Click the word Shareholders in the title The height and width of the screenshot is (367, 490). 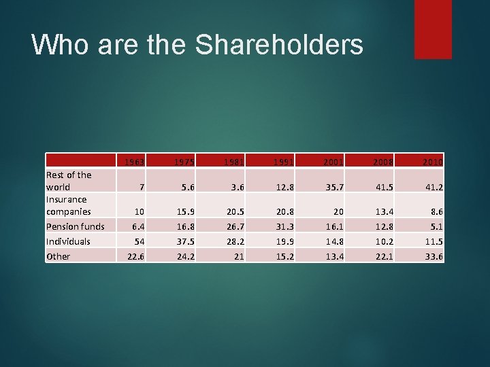coord(279,44)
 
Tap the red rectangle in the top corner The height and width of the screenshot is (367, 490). coord(433,29)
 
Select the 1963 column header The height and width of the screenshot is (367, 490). coord(133,162)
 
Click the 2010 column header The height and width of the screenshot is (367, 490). coord(431,162)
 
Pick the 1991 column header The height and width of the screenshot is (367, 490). coord(282,162)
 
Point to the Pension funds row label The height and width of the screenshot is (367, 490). coord(75,226)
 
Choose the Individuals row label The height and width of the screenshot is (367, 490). coord(68,241)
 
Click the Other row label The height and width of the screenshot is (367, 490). coord(58,256)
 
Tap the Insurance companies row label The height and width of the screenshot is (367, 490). coord(68,205)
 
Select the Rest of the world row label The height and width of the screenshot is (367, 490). coord(68,180)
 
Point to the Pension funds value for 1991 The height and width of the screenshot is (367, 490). coord(282,226)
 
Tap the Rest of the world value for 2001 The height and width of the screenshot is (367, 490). coord(332,186)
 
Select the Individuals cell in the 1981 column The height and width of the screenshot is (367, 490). coord(233,241)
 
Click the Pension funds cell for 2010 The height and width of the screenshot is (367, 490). coord(435,226)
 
